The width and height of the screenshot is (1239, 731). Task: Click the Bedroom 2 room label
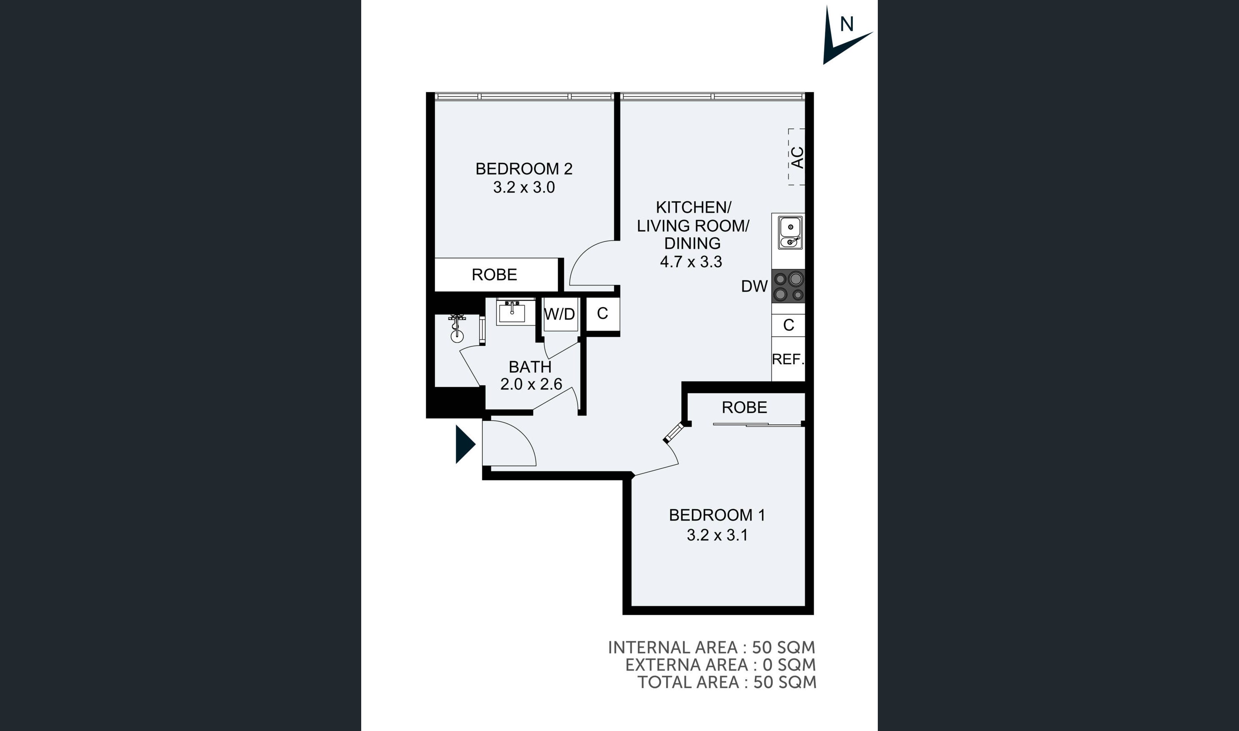click(524, 169)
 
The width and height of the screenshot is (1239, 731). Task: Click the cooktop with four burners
click(789, 286)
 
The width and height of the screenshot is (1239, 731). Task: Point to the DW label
click(754, 286)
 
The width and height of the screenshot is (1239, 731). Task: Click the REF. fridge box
click(788, 360)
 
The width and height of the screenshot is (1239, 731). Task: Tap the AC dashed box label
click(797, 158)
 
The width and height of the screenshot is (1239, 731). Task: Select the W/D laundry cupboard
click(560, 314)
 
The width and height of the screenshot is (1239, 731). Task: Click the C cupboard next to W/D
click(602, 314)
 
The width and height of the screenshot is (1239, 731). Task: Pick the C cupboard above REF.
click(789, 325)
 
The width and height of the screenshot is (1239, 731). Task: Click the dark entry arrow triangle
click(464, 444)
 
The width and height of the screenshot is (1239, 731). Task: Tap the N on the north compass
click(847, 24)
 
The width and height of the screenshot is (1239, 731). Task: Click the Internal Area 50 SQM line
click(711, 647)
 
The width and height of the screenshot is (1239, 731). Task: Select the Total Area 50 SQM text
click(727, 682)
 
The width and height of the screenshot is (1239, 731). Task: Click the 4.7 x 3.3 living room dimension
click(691, 262)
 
